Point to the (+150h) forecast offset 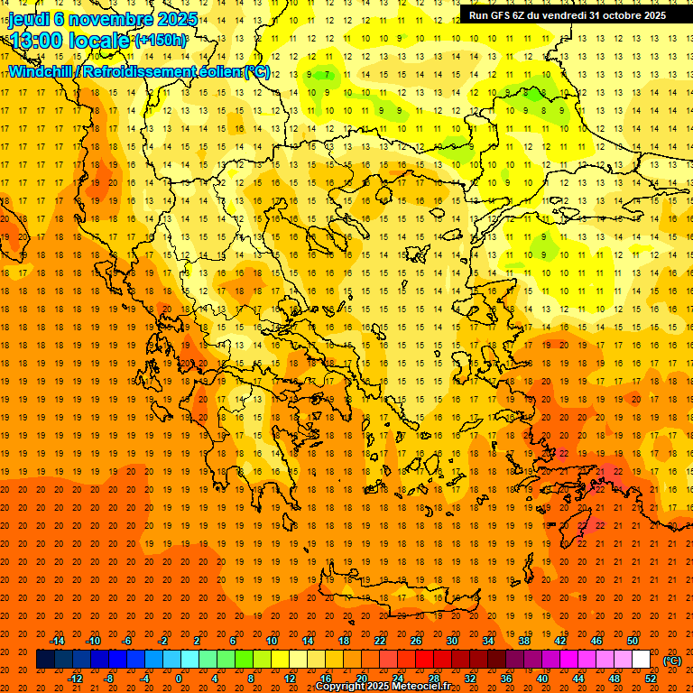162,41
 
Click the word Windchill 42,71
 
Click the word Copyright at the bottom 340,687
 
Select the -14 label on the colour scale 57,641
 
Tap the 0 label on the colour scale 179,679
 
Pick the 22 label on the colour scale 380,641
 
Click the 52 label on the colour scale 651,679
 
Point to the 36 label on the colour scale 506,679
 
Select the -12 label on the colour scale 75,679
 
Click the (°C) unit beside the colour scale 672,661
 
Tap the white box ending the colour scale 641,660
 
